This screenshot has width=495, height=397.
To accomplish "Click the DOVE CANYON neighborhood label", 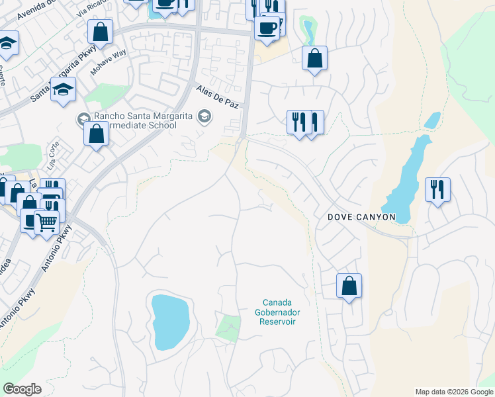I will click(x=362, y=217).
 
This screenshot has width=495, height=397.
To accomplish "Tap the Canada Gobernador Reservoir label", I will click(x=277, y=312).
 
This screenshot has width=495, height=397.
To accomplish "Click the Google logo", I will click(x=22, y=389).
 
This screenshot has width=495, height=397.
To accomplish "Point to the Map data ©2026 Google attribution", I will click(x=454, y=392).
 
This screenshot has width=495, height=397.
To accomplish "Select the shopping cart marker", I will click(x=45, y=222).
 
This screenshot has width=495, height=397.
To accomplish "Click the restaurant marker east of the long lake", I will click(x=437, y=189).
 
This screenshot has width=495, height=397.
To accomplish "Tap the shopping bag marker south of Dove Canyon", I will click(x=349, y=286).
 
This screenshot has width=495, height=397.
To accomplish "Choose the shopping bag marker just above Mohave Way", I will click(x=100, y=31).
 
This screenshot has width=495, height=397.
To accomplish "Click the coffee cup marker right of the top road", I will click(x=267, y=28).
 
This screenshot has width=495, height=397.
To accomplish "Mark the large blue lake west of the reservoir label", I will click(x=171, y=322).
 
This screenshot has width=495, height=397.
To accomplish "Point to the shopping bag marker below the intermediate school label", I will click(x=97, y=134).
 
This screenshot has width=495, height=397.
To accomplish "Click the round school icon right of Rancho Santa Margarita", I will click(x=204, y=116).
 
